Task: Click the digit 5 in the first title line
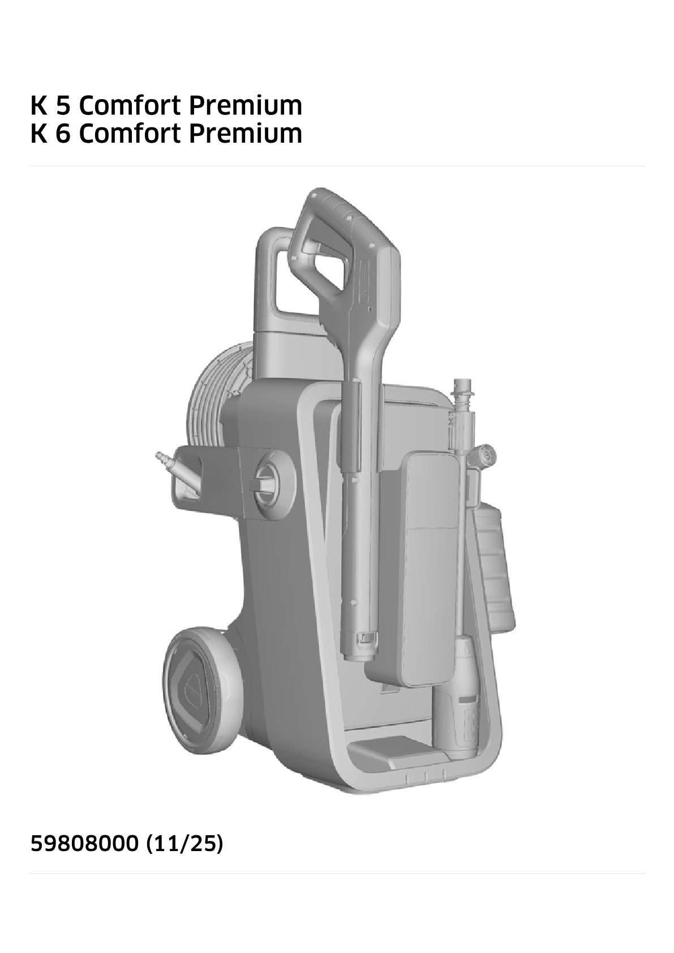(x=62, y=105)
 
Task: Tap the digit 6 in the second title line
(x=62, y=134)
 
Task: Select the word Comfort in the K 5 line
(x=131, y=105)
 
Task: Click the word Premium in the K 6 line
(x=246, y=134)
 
